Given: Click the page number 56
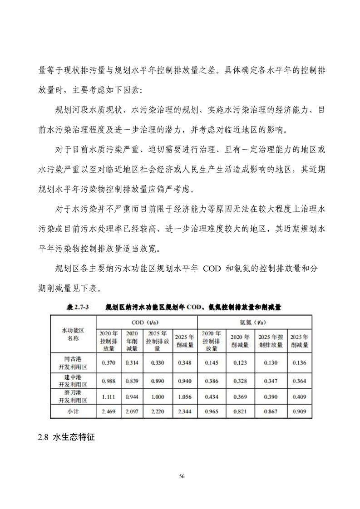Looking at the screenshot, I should coord(182,476).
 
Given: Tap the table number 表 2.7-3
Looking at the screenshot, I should coord(78,307).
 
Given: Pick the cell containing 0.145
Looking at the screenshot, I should coord(212,362).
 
